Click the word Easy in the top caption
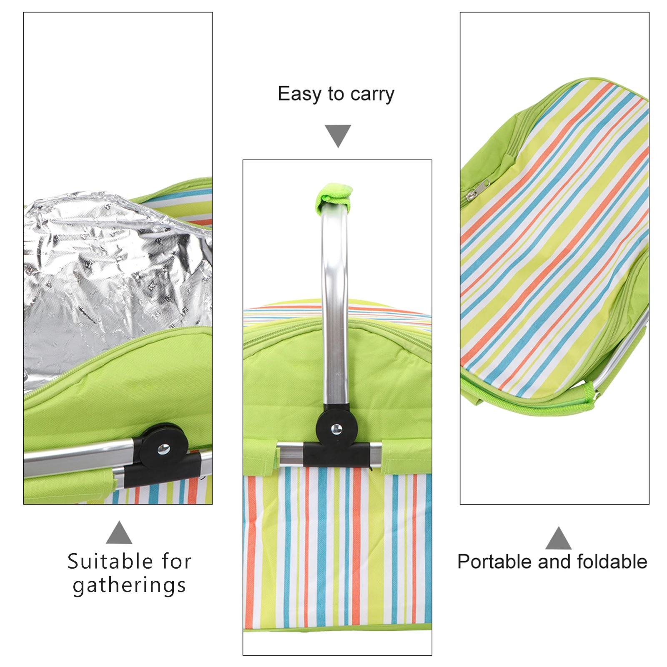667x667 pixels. (x=299, y=94)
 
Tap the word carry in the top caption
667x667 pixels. (x=372, y=95)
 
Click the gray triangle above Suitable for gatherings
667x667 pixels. (x=119, y=534)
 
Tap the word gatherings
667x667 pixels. (x=129, y=585)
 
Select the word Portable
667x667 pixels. (x=495, y=562)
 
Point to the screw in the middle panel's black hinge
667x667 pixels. (x=336, y=429)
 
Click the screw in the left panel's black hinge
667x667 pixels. (x=163, y=449)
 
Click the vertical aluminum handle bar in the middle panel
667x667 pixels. (x=335, y=308)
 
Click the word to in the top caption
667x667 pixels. (x=336, y=94)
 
